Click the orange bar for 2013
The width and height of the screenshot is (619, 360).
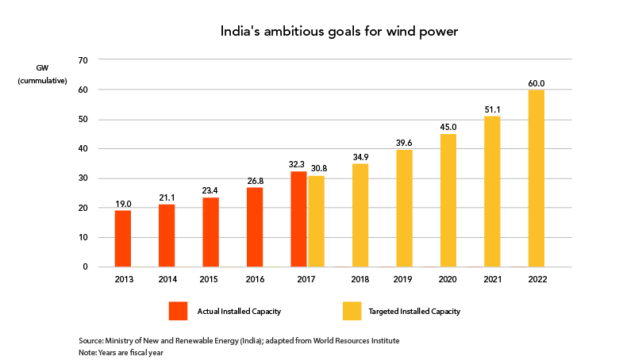click(x=123, y=239)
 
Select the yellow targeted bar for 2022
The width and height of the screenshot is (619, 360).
click(x=536, y=178)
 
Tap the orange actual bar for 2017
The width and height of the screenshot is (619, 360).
click(x=298, y=219)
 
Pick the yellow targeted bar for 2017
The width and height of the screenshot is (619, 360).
click(x=316, y=221)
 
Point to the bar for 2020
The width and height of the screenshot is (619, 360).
click(x=448, y=201)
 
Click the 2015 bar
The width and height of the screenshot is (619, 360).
click(x=210, y=232)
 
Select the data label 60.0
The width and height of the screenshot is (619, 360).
click(x=536, y=83)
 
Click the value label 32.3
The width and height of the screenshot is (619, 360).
click(x=297, y=164)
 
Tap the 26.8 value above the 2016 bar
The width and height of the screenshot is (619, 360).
click(x=255, y=181)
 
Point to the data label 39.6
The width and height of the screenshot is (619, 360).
click(x=404, y=143)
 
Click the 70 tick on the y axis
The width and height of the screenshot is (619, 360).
click(x=83, y=60)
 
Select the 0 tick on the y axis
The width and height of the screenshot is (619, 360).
click(x=85, y=267)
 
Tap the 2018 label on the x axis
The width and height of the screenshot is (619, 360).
click(x=360, y=280)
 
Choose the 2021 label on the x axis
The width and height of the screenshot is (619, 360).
click(x=492, y=280)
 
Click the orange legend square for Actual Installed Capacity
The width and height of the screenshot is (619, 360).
click(x=178, y=311)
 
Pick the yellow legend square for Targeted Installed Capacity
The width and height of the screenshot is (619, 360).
click(x=352, y=311)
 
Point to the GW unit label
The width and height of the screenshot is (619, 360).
click(x=42, y=68)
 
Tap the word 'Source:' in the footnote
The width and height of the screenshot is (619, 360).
click(x=91, y=341)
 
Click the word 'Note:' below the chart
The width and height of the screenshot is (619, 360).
click(x=87, y=353)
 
